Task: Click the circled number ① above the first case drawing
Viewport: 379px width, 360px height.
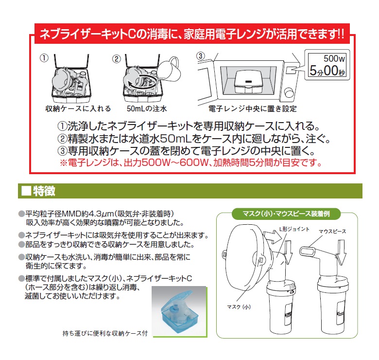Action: tap(44, 58)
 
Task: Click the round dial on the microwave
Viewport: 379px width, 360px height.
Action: tap(289, 92)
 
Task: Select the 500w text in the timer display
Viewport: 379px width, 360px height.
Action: tap(334, 58)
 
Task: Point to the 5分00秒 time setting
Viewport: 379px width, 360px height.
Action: tap(327, 71)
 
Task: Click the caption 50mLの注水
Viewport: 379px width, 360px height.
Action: tap(147, 108)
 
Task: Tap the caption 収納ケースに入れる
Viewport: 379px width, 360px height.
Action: tap(78, 108)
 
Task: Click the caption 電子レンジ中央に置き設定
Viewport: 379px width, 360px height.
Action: tap(253, 109)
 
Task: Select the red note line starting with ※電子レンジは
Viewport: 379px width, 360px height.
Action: tap(191, 163)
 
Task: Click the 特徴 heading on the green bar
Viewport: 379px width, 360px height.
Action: tap(44, 191)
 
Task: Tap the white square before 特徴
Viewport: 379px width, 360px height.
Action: tap(26, 191)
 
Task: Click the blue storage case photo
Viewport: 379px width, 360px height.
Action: tap(179, 312)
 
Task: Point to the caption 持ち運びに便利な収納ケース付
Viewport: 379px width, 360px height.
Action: tap(105, 333)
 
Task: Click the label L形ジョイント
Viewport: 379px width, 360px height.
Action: tap(294, 229)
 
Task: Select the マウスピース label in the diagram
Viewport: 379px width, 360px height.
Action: tap(332, 232)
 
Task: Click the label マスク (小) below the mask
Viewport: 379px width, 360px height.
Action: tap(239, 307)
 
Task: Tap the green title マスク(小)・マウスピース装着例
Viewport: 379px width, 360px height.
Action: tap(286, 214)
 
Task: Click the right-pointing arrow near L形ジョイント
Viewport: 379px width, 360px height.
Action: tap(272, 236)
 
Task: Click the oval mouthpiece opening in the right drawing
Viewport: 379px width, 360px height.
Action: tap(308, 252)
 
